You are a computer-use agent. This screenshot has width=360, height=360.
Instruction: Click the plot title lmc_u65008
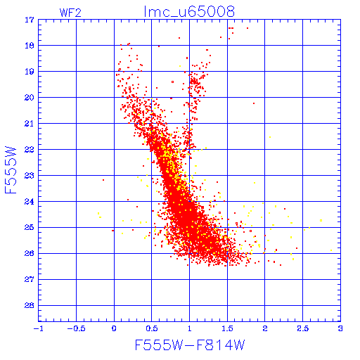[189, 12]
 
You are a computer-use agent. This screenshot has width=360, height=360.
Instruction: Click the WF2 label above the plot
[70, 13]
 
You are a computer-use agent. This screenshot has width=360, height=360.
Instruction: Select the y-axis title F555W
[11, 170]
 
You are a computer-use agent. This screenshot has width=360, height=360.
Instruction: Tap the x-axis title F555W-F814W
[190, 345]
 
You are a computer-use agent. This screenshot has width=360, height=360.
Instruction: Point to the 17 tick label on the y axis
[30, 20]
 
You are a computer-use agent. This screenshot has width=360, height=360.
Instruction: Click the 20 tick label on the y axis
[30, 98]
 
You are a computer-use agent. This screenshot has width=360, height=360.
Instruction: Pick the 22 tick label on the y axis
[30, 150]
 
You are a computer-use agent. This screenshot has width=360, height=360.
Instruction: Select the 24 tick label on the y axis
[30, 202]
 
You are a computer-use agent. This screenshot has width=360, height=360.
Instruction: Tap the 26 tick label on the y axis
[30, 253]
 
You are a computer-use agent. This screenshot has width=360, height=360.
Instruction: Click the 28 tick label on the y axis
[30, 305]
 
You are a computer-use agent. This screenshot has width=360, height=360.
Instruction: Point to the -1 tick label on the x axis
[39, 328]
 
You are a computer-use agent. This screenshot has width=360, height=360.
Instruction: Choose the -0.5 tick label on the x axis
[76, 328]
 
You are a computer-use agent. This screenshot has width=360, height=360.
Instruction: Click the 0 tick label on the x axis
[114, 328]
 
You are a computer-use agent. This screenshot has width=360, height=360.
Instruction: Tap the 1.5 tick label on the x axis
[227, 328]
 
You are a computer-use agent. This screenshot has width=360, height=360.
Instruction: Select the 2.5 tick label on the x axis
[303, 328]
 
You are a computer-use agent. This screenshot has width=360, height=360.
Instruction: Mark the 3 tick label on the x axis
[340, 328]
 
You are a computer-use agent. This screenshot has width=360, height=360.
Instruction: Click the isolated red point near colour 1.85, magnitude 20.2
[254, 103]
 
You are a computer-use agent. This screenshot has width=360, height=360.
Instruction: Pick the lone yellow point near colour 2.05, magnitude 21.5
[270, 137]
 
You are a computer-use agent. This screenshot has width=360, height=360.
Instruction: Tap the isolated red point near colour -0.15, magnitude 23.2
[103, 180]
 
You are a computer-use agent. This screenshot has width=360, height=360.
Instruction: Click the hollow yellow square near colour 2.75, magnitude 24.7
[321, 221]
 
